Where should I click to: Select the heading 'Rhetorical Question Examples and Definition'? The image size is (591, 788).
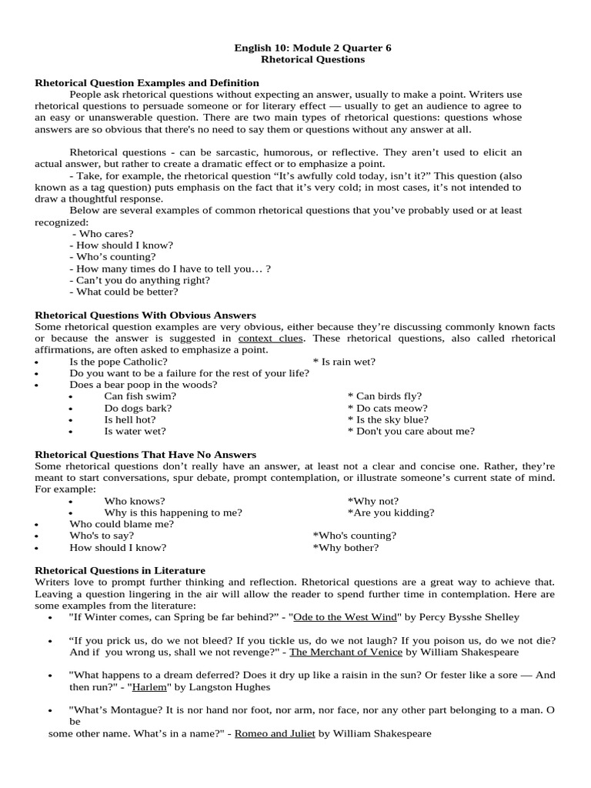point(147,82)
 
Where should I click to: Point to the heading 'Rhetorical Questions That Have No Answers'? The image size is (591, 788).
point(145,455)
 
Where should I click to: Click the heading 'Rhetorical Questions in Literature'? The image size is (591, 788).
point(120,570)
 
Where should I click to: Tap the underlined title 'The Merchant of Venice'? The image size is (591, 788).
point(346,652)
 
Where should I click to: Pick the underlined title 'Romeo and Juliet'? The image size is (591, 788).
point(275,733)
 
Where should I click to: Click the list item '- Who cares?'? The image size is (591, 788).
point(103,233)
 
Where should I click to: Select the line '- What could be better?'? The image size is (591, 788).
point(124,292)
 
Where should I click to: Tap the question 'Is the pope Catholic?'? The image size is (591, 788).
point(119,361)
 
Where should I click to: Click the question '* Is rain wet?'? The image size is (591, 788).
point(344,361)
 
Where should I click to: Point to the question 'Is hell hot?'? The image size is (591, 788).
point(130,419)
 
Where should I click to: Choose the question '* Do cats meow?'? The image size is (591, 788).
point(387,408)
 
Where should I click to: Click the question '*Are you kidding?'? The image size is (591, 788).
point(390,513)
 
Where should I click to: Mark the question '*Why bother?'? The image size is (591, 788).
point(346,547)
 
